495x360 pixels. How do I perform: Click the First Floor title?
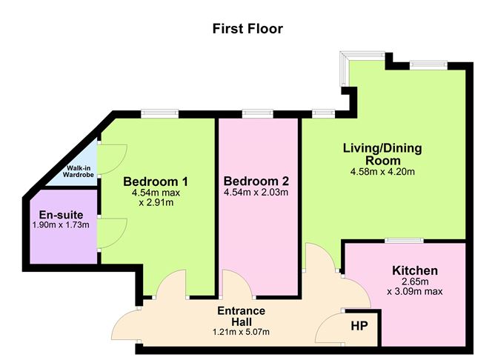(x=247, y=29)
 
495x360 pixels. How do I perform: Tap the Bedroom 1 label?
(x=156, y=181)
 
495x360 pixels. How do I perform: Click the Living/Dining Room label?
(x=382, y=154)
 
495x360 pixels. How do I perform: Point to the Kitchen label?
(x=414, y=270)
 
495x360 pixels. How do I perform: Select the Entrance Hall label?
(x=242, y=316)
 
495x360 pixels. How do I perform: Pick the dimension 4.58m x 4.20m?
(x=382, y=173)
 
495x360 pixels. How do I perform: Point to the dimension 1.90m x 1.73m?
(x=62, y=224)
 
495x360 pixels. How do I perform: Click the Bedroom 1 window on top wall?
(x=161, y=113)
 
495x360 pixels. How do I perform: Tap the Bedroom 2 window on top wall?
(x=256, y=113)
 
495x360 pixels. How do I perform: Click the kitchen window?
(x=404, y=240)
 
